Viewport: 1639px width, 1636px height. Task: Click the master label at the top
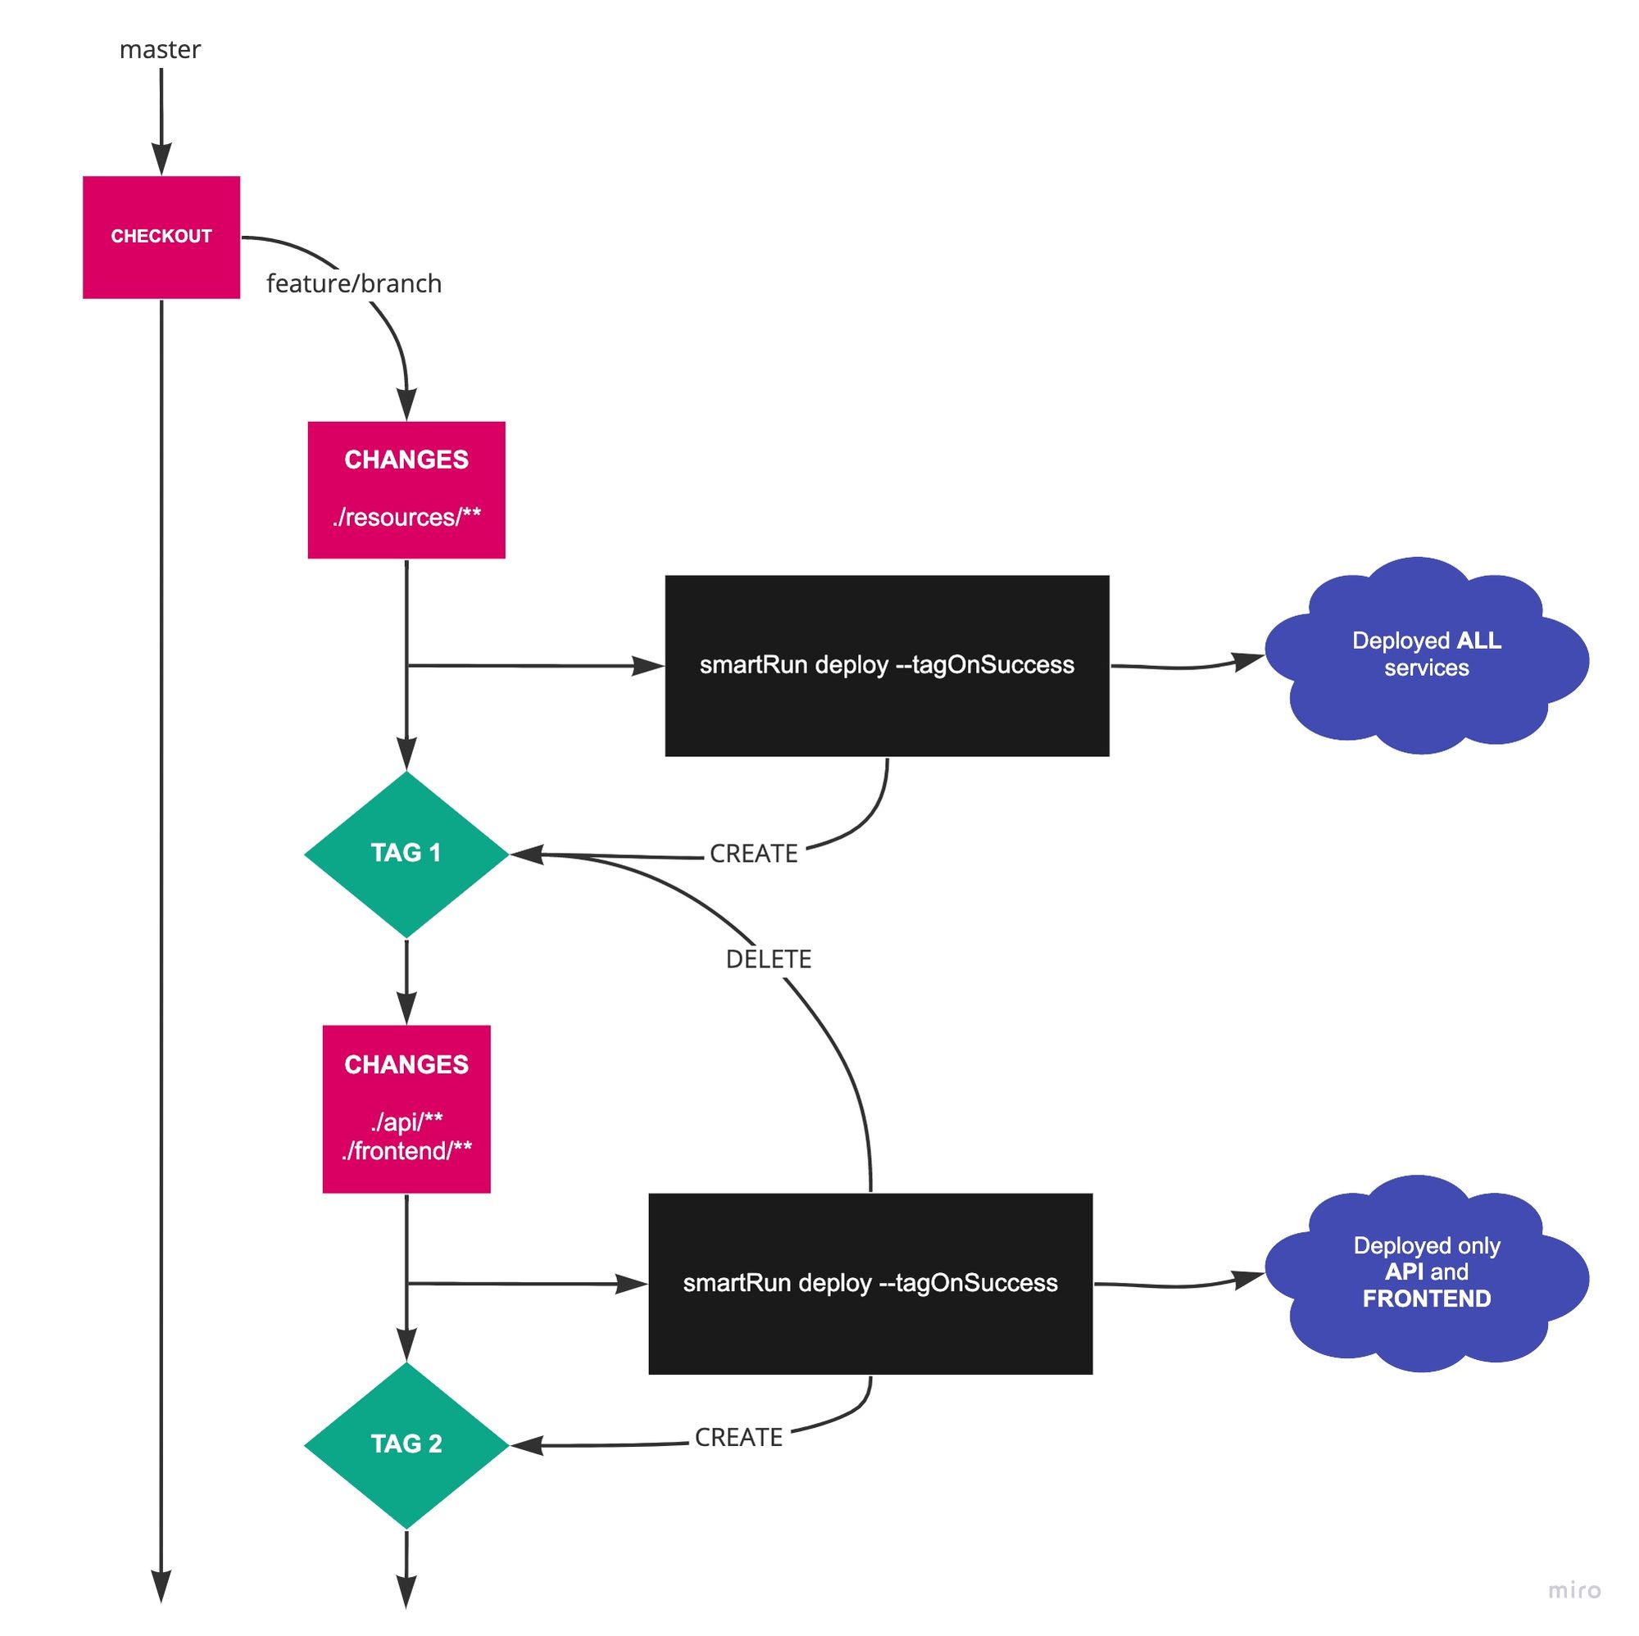(160, 50)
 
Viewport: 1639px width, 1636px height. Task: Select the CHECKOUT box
(161, 237)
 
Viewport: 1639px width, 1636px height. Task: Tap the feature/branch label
(354, 283)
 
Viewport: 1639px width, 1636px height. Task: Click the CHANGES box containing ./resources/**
(406, 489)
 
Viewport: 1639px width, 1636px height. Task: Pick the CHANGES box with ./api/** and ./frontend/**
(406, 1108)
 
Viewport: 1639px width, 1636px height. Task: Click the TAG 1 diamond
(406, 853)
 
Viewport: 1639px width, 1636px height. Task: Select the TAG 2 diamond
(406, 1444)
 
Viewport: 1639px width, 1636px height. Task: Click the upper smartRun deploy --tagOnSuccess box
(887, 665)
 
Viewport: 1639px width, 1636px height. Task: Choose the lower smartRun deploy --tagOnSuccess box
(870, 1283)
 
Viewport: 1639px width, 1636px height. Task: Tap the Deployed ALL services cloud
(1426, 655)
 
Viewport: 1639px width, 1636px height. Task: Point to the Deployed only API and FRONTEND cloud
(1426, 1272)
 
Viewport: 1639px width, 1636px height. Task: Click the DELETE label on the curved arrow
(769, 959)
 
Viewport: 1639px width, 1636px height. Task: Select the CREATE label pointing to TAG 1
(753, 854)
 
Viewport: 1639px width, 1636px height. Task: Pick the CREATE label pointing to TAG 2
(738, 1438)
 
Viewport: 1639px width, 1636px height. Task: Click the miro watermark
(1573, 1590)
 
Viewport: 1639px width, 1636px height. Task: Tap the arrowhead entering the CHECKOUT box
(161, 161)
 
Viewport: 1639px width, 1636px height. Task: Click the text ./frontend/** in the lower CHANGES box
(406, 1151)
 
